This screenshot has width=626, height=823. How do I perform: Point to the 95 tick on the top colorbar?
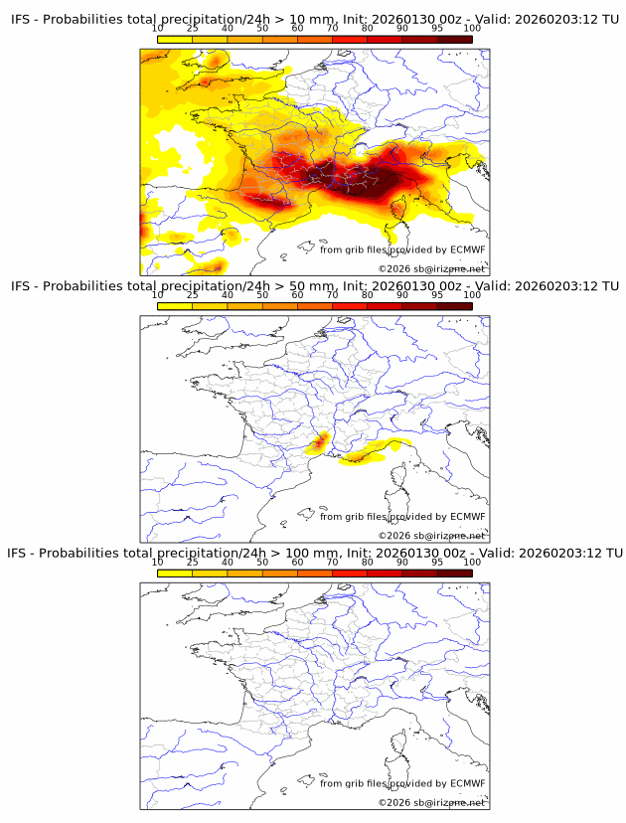437,29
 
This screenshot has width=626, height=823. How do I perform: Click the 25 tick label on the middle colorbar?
192,295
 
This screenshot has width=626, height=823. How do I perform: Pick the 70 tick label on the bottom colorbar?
332,562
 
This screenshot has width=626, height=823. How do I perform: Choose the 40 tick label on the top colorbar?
228,29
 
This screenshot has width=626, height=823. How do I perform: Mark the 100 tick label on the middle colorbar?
472,295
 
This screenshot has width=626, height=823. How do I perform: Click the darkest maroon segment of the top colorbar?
454,39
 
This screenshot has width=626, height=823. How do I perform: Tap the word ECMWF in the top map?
467,249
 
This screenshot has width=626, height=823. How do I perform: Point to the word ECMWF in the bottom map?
467,783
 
